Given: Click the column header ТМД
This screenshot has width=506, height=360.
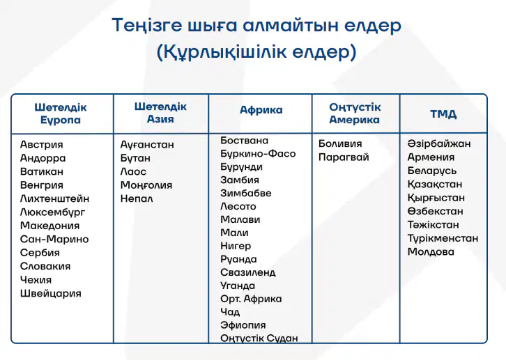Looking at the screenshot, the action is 443,114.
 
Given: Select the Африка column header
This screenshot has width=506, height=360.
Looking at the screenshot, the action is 261,110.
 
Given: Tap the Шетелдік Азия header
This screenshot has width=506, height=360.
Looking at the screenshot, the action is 160,113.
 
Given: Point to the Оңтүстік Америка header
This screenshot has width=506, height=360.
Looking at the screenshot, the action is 355,114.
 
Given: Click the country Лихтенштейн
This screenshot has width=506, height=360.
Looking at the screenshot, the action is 54,198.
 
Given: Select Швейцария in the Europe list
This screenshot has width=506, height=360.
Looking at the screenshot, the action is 51,294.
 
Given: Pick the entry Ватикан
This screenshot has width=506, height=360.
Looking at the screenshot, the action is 42,171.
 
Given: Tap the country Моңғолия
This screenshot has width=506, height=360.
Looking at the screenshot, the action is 146,185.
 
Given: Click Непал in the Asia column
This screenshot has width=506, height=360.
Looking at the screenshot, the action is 137,198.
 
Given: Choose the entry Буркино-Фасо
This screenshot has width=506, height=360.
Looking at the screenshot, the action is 258,154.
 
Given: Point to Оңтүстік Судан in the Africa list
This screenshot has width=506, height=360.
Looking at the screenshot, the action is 259,338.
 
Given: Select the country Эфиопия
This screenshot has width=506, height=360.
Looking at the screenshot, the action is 243,325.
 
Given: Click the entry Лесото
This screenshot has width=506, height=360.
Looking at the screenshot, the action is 238,206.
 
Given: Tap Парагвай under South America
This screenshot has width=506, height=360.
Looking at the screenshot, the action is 344,157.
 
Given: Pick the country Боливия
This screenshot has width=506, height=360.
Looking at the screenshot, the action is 340,143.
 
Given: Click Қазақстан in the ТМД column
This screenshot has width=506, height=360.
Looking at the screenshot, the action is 435,185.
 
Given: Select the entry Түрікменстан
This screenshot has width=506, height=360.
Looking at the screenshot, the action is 443,239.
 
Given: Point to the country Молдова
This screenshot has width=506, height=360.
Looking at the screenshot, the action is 431,251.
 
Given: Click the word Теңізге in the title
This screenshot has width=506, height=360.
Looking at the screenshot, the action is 147,26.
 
